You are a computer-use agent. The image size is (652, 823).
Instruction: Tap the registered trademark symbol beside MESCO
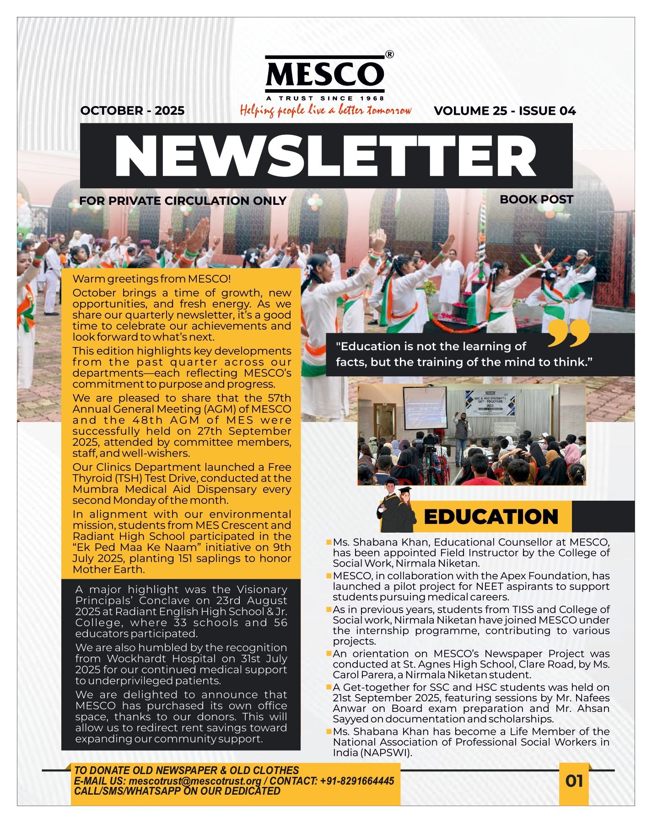389,54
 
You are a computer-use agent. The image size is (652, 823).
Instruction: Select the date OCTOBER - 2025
132,111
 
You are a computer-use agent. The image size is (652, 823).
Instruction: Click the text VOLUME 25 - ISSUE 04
505,111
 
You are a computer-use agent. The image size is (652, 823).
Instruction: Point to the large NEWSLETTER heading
326,155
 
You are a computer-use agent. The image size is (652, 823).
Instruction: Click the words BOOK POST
536,199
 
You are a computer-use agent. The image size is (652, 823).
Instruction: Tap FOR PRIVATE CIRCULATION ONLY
183,201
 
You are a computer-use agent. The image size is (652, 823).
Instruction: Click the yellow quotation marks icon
568,333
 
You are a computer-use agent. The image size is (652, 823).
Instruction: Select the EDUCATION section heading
491,517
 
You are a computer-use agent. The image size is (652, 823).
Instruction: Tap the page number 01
574,781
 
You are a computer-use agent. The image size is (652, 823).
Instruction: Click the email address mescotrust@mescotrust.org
195,781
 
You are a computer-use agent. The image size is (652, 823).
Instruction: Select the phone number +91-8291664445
357,781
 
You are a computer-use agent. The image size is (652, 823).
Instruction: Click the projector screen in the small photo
424,407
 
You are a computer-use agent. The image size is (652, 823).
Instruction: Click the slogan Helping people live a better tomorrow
325,110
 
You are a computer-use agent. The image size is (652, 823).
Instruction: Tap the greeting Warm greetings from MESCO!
151,279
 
